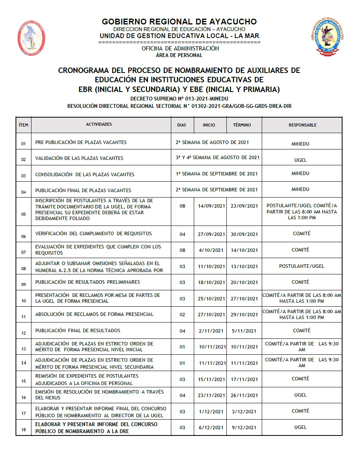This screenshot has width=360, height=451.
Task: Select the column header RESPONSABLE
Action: click(x=302, y=125)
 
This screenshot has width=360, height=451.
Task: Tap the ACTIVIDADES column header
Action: click(x=99, y=125)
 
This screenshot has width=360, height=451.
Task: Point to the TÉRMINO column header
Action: click(x=242, y=125)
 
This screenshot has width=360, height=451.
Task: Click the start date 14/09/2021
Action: click(x=212, y=206)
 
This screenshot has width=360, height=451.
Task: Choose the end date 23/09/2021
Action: click(x=244, y=206)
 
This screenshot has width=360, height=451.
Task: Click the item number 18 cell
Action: click(x=24, y=429)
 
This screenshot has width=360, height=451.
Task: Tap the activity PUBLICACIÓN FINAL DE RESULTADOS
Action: click(x=78, y=331)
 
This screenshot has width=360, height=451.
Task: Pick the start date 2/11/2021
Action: click(x=212, y=331)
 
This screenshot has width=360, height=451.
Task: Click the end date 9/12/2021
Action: click(x=244, y=427)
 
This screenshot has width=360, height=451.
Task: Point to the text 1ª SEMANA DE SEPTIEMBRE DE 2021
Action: click(x=216, y=174)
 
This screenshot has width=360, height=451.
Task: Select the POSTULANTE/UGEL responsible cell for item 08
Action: click(x=302, y=266)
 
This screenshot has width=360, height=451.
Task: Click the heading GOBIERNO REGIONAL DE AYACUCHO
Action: click(x=179, y=22)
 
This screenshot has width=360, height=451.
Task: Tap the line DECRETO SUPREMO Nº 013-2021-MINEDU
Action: click(x=179, y=99)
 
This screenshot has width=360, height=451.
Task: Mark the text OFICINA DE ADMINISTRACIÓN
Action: click(x=180, y=49)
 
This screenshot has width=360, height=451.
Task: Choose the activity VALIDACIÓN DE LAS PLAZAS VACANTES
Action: click(x=79, y=158)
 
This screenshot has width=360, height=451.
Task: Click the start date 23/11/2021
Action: click(x=212, y=395)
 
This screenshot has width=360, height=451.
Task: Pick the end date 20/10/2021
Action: click(x=244, y=282)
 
